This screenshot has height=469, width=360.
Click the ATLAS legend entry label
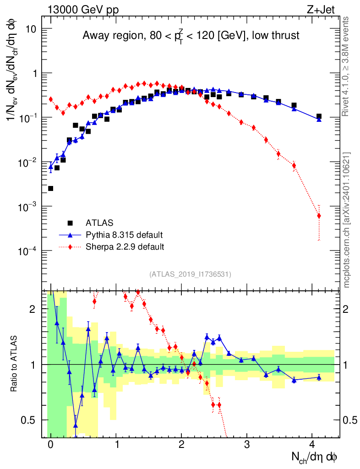pos(98,223)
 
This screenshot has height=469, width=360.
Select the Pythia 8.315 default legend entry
pos(124,235)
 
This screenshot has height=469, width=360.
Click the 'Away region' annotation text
pos(191,36)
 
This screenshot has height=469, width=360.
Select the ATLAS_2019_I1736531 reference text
pos(190,274)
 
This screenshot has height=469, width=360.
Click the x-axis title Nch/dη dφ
pos(315,457)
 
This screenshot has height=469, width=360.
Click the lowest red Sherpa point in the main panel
pos(319,216)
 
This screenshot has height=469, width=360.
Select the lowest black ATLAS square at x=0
pos(50,188)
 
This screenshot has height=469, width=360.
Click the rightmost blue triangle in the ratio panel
pos(319,377)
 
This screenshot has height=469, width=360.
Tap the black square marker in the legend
pos(70,223)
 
